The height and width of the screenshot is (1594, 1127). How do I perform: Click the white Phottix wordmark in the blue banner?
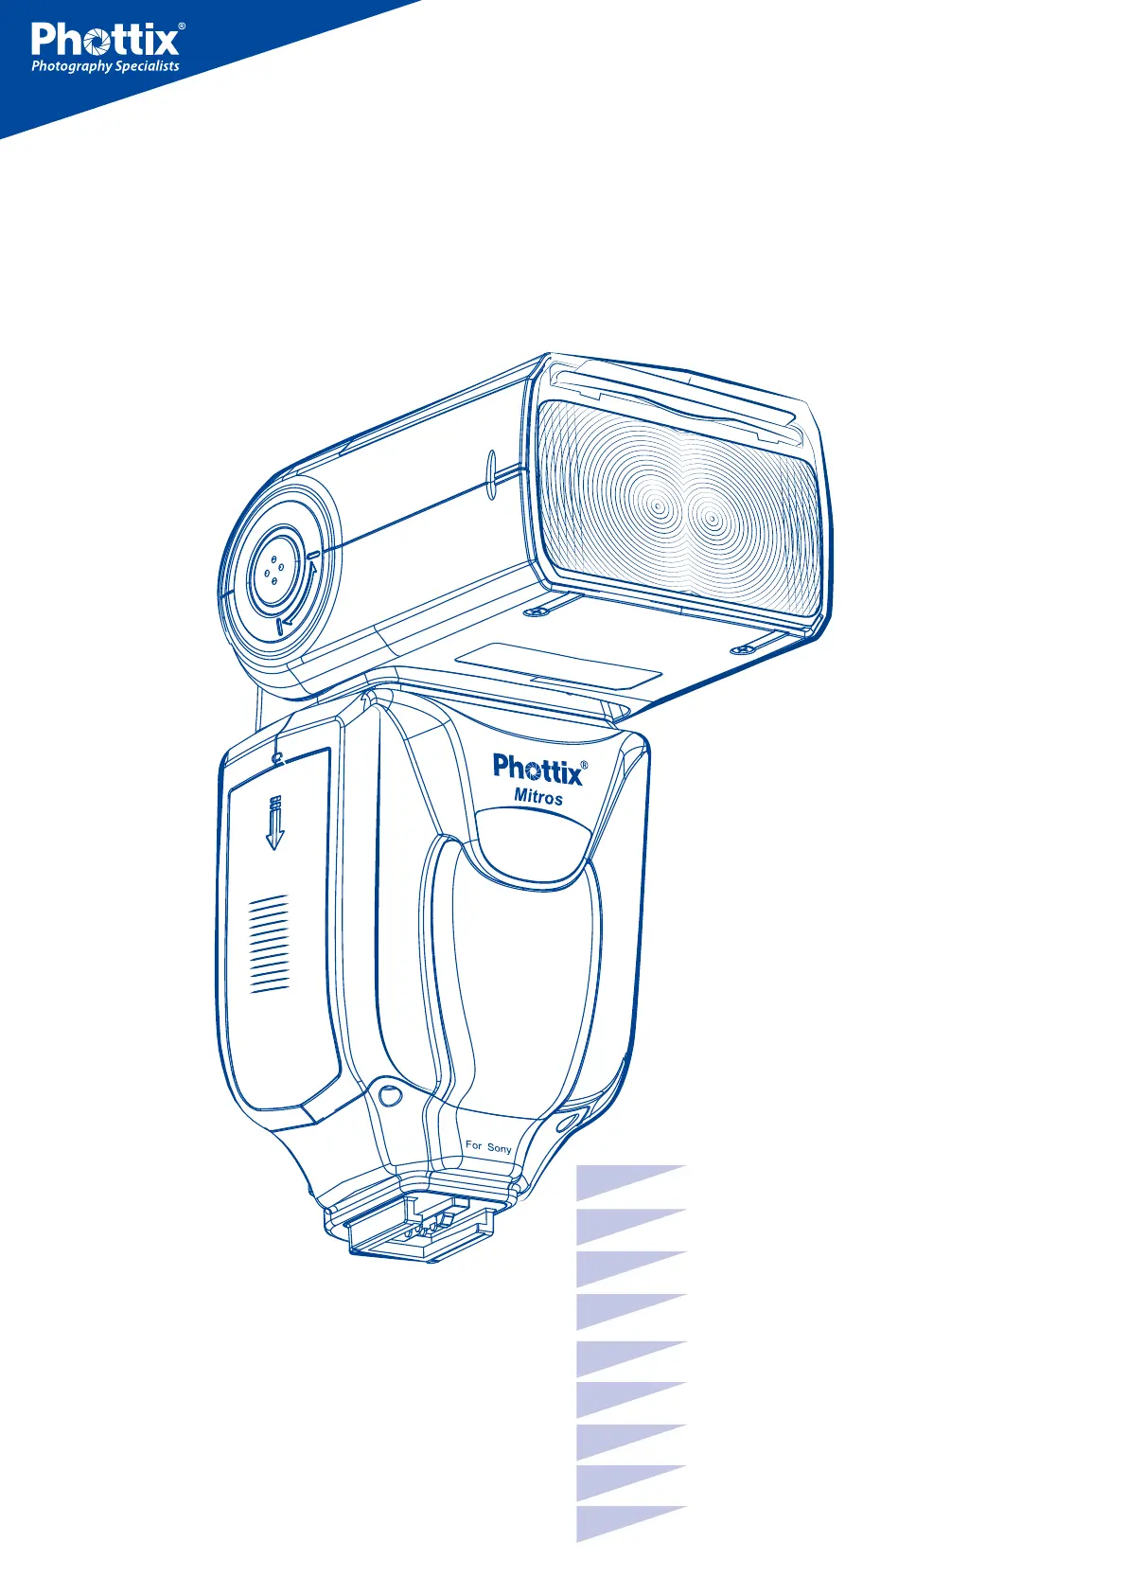tap(105, 40)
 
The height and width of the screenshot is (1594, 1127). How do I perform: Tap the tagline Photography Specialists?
tap(105, 66)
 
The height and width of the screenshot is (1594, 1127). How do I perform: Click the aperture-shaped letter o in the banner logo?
tap(97, 43)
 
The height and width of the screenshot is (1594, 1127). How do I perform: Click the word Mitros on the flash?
tap(538, 797)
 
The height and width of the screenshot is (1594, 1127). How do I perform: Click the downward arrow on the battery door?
tap(274, 824)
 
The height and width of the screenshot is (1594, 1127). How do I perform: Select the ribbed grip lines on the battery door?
tap(269, 943)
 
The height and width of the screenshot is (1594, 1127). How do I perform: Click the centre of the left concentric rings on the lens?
tap(659, 507)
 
